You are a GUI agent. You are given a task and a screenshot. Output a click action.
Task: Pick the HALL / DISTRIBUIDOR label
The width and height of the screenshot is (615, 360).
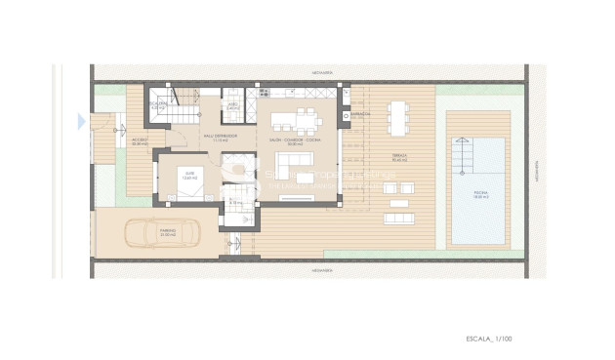(x=221, y=139)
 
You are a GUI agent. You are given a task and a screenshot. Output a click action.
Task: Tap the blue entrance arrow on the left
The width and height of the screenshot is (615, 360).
(x=81, y=121)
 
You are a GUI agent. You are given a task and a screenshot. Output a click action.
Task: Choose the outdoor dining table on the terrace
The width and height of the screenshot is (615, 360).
(x=398, y=116)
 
